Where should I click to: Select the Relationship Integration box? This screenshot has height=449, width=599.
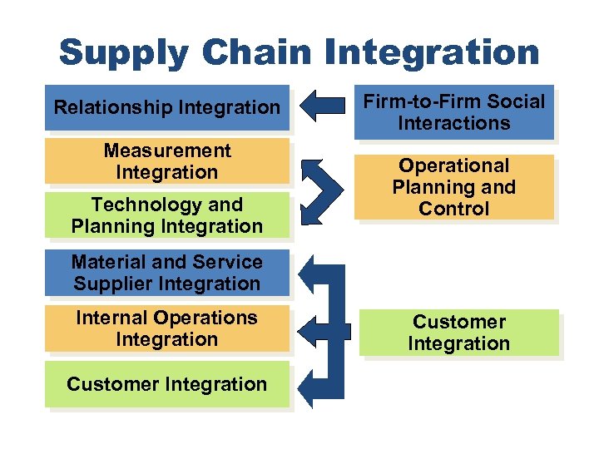[167, 107]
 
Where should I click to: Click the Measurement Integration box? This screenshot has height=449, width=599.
[167, 161]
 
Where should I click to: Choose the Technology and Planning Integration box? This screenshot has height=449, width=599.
[167, 215]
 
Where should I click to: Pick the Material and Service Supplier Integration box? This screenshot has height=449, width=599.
[167, 273]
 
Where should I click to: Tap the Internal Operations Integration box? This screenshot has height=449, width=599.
[167, 328]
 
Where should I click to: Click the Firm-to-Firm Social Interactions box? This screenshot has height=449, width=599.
[454, 112]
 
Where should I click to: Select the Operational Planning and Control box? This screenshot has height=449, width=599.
[454, 187]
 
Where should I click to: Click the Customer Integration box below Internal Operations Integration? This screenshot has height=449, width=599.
[167, 384]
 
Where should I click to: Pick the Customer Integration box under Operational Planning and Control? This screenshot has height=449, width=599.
[458, 333]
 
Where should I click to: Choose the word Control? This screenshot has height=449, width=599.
[454, 209]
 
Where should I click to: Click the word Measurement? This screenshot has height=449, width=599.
[167, 150]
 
